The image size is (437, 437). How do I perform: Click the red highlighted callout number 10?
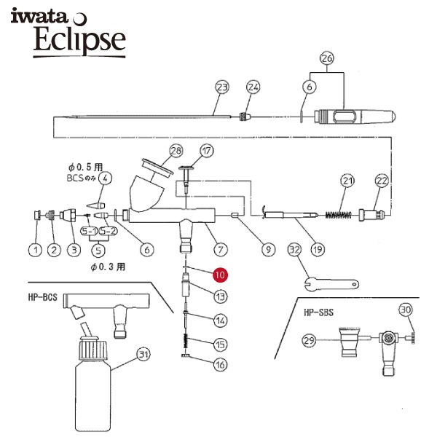220,275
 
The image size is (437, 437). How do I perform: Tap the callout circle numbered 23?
222,87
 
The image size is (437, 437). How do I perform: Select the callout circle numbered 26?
326,58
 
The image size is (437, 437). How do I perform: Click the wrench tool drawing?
331,284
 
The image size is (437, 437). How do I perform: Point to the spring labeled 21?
339,215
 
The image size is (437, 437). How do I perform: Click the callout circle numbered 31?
143,355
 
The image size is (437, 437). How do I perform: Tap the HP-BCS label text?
43,297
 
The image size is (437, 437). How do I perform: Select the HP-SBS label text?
318,312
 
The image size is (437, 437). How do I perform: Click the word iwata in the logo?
39,17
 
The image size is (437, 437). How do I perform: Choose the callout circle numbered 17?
207,151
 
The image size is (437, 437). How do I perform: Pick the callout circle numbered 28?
176,151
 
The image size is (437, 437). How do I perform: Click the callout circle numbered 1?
36,250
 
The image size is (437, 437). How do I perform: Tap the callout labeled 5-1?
89,231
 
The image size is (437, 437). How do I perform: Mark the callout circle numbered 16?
220,365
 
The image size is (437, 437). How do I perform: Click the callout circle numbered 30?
406,310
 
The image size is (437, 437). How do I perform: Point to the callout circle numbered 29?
309,340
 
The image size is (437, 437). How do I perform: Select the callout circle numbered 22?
382,181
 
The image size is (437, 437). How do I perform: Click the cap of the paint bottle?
94,348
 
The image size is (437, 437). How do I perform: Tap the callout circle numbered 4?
105,178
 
